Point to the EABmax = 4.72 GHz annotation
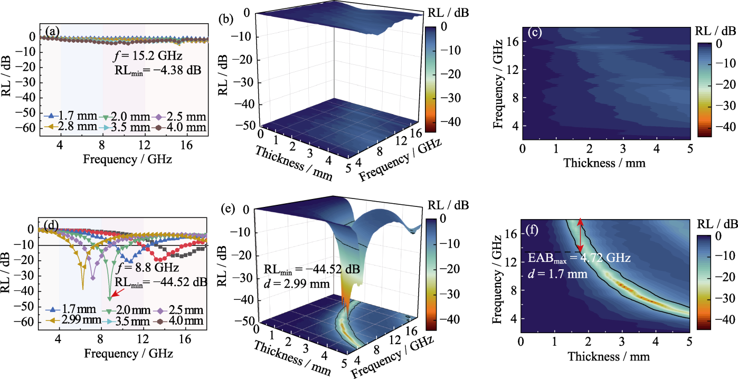pos(580,259)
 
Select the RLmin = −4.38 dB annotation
pos(157,70)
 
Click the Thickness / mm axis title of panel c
pos(604,164)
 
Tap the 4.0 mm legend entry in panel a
pos(179,127)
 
